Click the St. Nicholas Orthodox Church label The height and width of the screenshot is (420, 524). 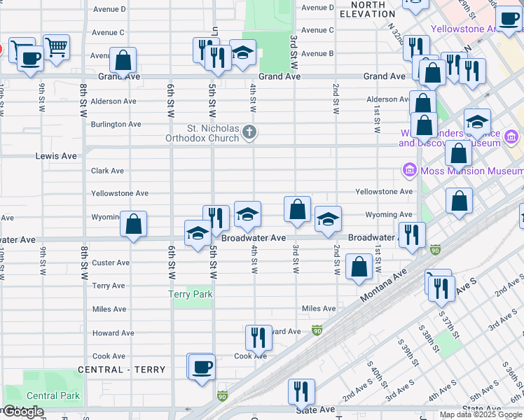[x=213, y=133]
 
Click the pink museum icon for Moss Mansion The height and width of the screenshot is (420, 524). [x=409, y=169]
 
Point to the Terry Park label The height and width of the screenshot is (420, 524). [x=191, y=295]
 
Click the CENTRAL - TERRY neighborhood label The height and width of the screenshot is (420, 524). [x=122, y=370]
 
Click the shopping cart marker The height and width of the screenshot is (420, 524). [x=57, y=48]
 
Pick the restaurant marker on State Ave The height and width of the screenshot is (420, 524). [x=301, y=392]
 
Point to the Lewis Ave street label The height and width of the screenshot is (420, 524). [x=56, y=156]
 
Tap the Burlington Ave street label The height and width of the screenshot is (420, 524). [x=116, y=125]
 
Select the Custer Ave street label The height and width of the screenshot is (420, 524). [x=111, y=263]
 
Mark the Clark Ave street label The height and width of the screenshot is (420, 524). [x=107, y=171]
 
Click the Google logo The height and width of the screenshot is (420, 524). [x=23, y=412]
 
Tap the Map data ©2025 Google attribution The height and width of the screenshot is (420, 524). [x=481, y=414]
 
